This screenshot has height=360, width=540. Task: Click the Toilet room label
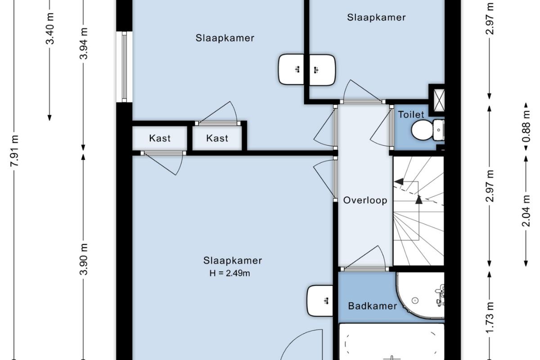click(x=411, y=115)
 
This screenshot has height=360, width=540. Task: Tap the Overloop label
click(x=365, y=200)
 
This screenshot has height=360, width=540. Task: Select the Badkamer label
click(x=373, y=306)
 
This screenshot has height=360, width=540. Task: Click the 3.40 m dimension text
click(x=50, y=28)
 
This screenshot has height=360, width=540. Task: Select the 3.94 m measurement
click(x=83, y=43)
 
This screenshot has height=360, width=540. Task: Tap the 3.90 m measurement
click(x=83, y=259)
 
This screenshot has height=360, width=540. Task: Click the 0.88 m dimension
click(x=526, y=126)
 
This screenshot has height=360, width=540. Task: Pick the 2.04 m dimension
click(x=526, y=211)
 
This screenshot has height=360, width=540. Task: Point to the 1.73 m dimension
click(x=490, y=317)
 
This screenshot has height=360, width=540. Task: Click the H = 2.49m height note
click(x=229, y=273)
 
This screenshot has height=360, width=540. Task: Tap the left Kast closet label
click(x=160, y=139)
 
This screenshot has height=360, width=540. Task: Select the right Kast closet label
click(x=217, y=139)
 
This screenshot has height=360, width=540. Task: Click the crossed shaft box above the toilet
click(x=439, y=100)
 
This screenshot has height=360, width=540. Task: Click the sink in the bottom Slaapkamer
click(x=320, y=301)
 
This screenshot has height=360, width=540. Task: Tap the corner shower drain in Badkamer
click(x=415, y=301)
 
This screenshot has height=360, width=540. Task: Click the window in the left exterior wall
click(x=124, y=67)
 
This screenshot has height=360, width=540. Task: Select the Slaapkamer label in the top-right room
click(x=376, y=18)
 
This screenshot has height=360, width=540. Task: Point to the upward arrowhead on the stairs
click(x=419, y=200)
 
